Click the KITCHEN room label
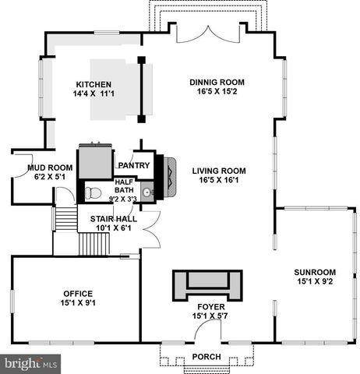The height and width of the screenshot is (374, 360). (x=93, y=85)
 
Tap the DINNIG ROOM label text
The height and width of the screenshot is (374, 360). (x=217, y=82)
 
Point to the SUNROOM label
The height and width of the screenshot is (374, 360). (x=315, y=272)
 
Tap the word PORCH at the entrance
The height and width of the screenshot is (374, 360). (x=207, y=357)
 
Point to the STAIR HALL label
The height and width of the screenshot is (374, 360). (x=114, y=219)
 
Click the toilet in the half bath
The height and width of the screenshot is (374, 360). (x=93, y=191)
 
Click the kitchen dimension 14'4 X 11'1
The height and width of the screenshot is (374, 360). (x=94, y=95)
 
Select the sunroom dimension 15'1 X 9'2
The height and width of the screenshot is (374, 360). (x=315, y=282)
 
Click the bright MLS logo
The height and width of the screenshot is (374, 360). (x=31, y=363)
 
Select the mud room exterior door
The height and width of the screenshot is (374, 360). (x=17, y=166)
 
